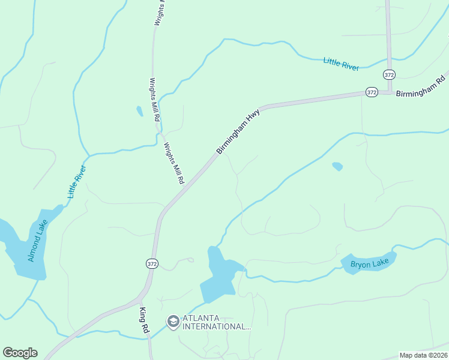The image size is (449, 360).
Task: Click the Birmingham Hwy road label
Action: tap(238, 131)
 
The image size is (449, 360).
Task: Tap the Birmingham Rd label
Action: tap(420, 87)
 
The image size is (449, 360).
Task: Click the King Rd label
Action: tap(143, 321)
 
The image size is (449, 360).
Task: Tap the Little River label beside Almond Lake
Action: tap(77, 181)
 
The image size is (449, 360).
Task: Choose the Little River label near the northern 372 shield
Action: tap(341, 64)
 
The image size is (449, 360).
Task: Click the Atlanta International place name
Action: tap(216, 322)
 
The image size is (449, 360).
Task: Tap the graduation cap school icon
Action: tap(173, 322)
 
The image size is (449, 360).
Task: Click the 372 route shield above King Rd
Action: tap(151, 263)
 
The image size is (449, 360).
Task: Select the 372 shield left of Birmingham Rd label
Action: tap(371, 92)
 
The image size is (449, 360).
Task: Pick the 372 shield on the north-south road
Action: tap(389, 75)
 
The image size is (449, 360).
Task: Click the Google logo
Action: tap(20, 353)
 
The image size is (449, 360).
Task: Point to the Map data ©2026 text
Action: tap(423, 355)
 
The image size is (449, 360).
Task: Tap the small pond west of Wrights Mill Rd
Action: tap(140, 111)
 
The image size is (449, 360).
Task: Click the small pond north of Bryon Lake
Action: tap(337, 166)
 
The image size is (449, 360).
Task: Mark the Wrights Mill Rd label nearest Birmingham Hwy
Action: tap(174, 163)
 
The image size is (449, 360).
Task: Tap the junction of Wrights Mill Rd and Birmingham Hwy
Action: tap(184, 189)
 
